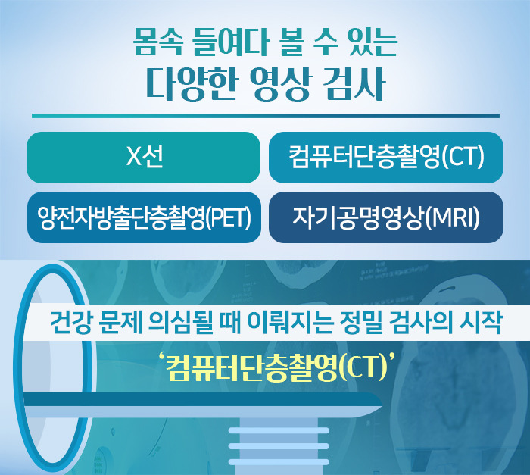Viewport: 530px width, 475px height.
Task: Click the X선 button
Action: (x=143, y=158)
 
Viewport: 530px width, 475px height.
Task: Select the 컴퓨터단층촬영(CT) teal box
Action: (x=386, y=158)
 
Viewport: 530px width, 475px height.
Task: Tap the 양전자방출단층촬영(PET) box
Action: (x=143, y=217)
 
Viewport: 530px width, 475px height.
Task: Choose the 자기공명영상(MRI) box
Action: (x=386, y=217)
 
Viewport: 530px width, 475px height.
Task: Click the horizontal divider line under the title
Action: (x=265, y=116)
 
